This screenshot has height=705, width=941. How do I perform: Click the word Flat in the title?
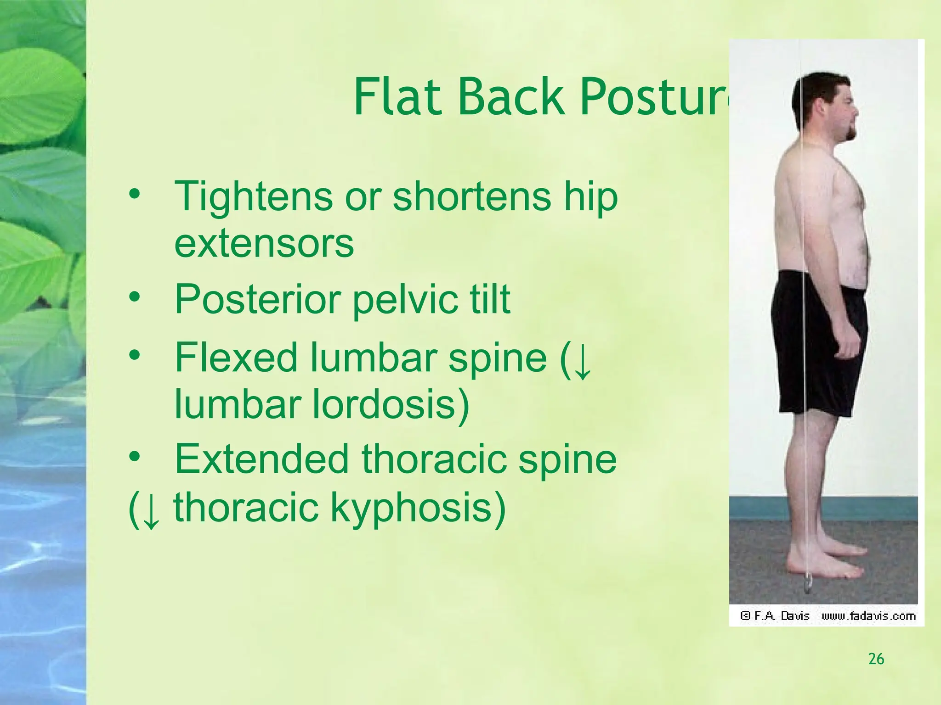pos(397,97)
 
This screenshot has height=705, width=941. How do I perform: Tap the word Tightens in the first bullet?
pos(253,196)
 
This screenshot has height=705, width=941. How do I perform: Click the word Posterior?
pos(257,299)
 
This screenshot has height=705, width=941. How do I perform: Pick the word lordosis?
pos(391,404)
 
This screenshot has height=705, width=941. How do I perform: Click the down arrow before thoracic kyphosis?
pos(151,510)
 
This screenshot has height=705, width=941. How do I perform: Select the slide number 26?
pos(876,659)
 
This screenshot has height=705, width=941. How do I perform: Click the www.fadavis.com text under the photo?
pos(868,616)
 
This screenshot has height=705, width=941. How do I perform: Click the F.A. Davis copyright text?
pos(776,616)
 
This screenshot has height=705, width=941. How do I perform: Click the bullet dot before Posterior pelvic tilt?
pos(134,297)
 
